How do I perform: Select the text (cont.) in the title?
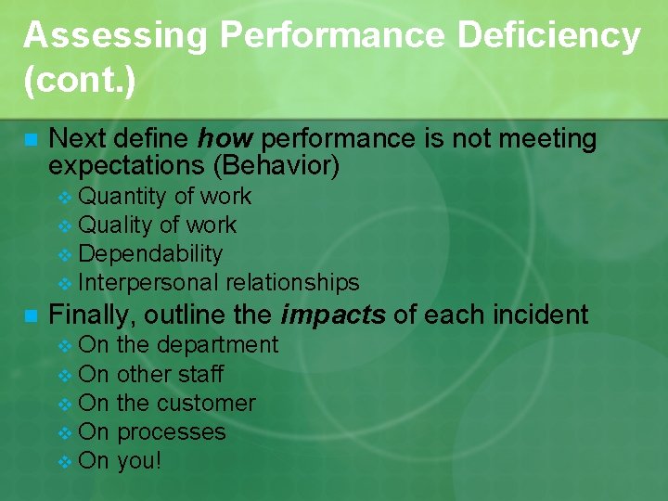click(80, 81)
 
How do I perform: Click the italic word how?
click(225, 139)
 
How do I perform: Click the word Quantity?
click(122, 197)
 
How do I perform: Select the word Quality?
click(116, 225)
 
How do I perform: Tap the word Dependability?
click(150, 254)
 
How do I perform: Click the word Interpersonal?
click(149, 283)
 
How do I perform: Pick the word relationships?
click(292, 283)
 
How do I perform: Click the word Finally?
click(92, 315)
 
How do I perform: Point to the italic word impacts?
click(333, 315)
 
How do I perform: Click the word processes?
click(172, 432)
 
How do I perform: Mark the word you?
click(139, 461)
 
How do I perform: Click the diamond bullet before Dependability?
click(64, 255)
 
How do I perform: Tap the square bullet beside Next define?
click(30, 140)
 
